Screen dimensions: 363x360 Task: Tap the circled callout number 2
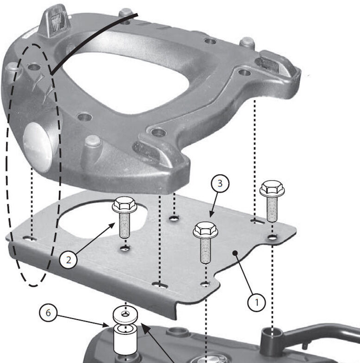coord(68,260)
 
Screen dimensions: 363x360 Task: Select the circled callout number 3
coord(220,183)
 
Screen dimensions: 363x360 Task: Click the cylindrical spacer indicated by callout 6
coord(125,340)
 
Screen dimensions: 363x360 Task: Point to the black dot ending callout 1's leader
coord(235,252)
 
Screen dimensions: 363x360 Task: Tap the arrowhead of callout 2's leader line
coord(115,223)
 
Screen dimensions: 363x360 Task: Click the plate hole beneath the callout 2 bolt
coord(124,250)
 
